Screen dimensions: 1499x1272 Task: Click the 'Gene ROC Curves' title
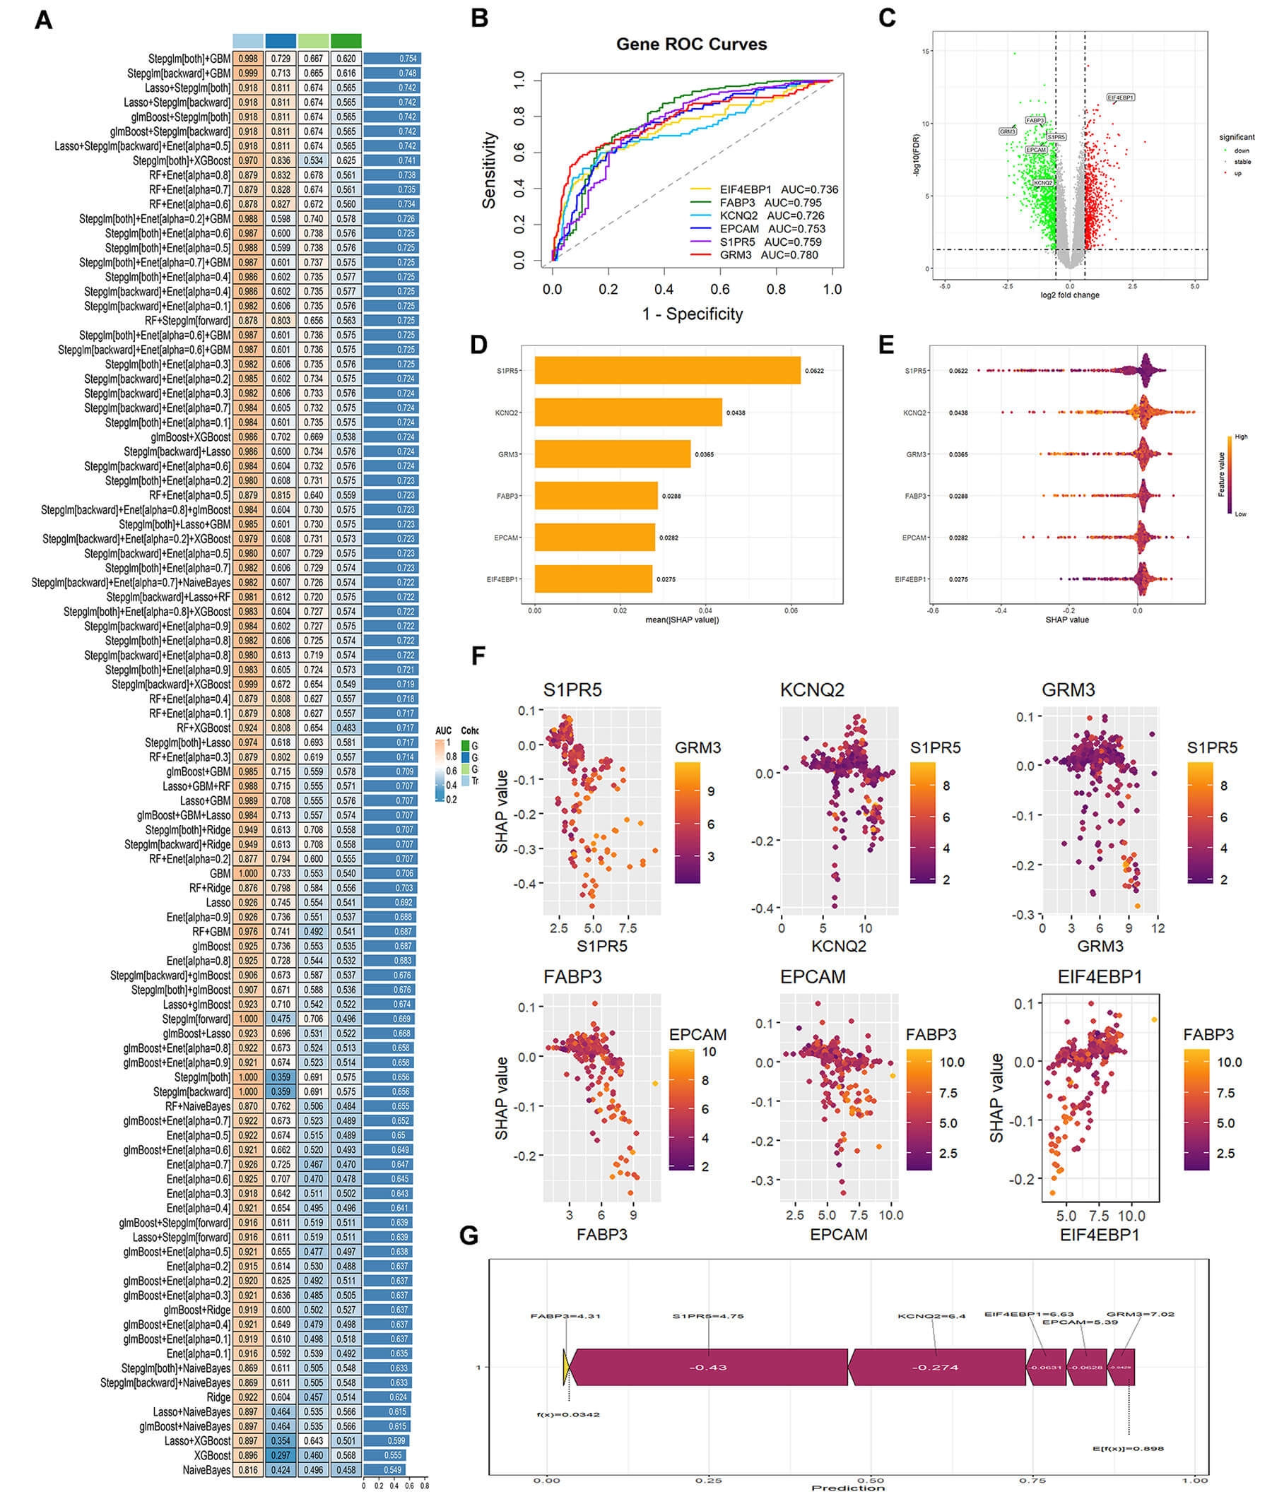tap(691, 44)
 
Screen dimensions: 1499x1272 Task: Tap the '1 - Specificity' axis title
tap(693, 314)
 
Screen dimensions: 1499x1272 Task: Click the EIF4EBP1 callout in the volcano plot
tap(1121, 97)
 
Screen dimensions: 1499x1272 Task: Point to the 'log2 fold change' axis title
tap(1069, 295)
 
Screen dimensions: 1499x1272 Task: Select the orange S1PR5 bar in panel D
tap(667, 370)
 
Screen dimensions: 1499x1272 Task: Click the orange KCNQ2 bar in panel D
tap(628, 413)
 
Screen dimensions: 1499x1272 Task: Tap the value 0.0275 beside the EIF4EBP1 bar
tap(666, 579)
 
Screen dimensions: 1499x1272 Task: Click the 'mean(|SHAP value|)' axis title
tap(681, 620)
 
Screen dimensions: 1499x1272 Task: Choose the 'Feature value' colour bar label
tap(1222, 473)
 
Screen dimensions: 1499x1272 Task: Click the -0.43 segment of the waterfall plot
tap(707, 1367)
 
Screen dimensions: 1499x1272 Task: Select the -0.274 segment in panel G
tap(935, 1367)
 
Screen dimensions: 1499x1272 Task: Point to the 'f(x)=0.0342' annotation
tap(567, 1415)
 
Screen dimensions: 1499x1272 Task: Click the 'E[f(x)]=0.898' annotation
tap(1128, 1449)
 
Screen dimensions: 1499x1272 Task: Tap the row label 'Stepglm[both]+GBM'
tap(189, 59)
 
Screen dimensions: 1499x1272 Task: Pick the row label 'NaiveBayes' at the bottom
tap(206, 1469)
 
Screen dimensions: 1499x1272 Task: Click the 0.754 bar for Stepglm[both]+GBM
tap(391, 59)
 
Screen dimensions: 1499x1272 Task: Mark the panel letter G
tap(469, 1236)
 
